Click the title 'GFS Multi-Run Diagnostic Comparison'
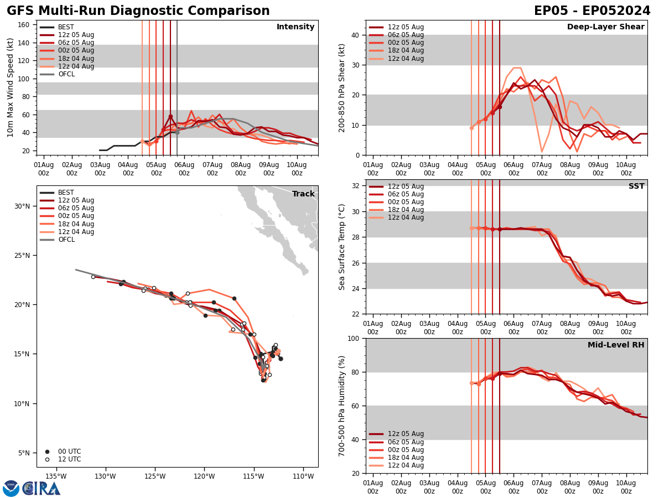point(138,11)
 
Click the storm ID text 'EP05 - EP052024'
point(592,11)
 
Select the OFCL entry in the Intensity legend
point(66,74)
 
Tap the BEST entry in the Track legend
point(66,193)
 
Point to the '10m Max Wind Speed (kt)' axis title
point(11,87)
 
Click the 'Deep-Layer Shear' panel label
point(605,27)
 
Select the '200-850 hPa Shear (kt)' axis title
point(343,87)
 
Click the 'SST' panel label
point(636,186)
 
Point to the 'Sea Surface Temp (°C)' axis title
point(343,247)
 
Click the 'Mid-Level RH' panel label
point(616,345)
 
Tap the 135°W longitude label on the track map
point(56,476)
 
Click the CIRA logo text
point(41,488)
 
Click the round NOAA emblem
point(11,488)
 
